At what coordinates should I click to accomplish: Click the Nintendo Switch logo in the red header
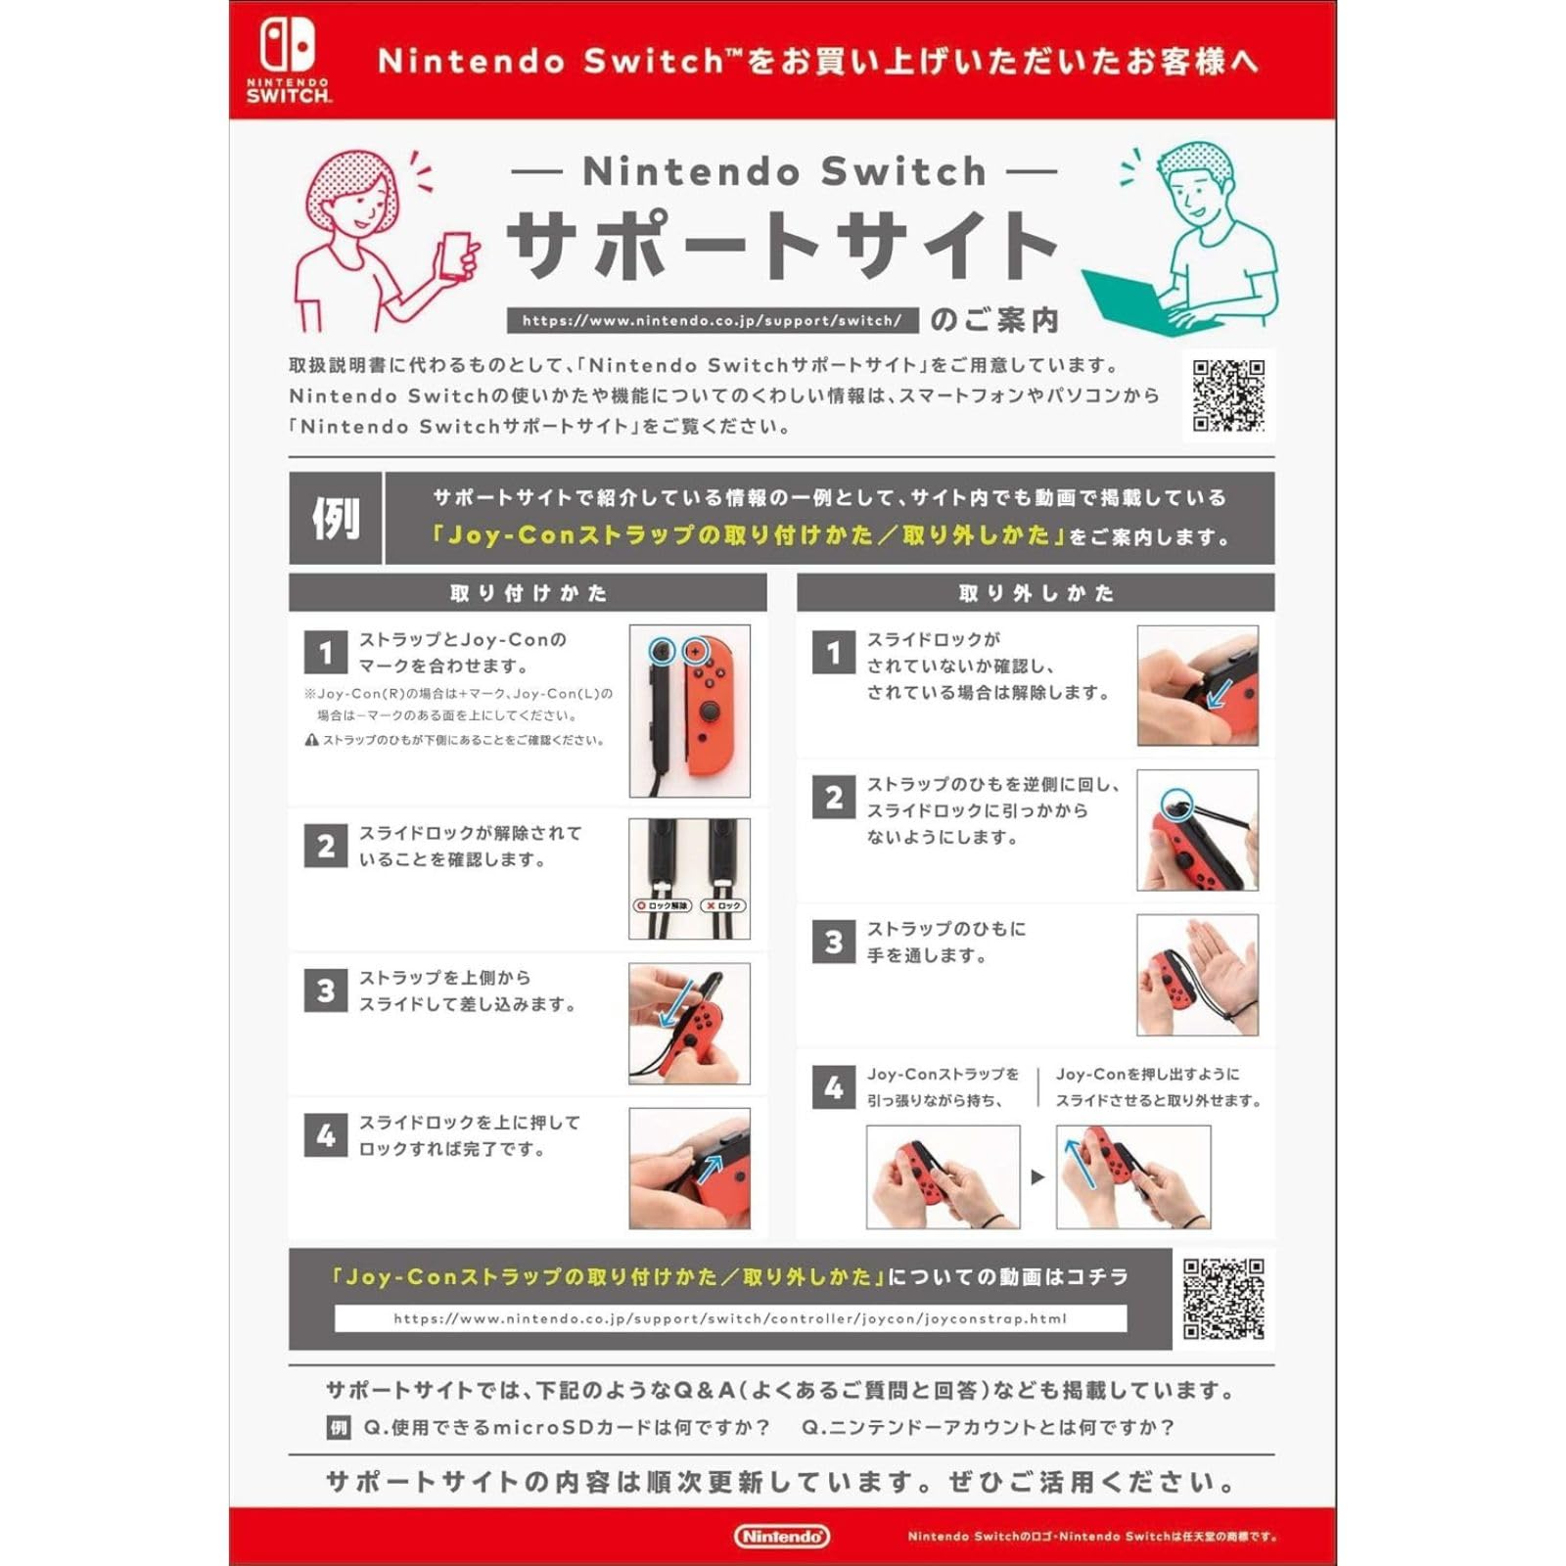click(x=288, y=60)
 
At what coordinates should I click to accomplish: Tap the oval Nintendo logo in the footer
click(x=781, y=1536)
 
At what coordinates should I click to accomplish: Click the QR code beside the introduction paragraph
click(x=1228, y=395)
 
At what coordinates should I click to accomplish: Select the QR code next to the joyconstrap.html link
click(x=1223, y=1299)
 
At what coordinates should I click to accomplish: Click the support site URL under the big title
click(x=712, y=320)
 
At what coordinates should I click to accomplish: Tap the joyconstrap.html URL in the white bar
click(x=730, y=1318)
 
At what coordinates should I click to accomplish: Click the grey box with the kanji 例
click(x=335, y=518)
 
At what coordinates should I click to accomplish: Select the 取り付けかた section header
click(x=528, y=592)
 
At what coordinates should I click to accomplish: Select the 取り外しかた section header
click(x=1036, y=592)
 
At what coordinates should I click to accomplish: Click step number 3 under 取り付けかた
click(x=326, y=990)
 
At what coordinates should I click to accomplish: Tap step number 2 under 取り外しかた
click(x=834, y=798)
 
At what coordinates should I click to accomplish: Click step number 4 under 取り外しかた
click(x=834, y=1087)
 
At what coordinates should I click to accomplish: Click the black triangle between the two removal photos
click(x=1037, y=1177)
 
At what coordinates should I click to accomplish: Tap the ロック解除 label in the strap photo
click(x=664, y=905)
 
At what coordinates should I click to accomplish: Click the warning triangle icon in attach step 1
click(x=311, y=740)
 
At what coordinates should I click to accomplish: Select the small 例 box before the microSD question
click(x=338, y=1428)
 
